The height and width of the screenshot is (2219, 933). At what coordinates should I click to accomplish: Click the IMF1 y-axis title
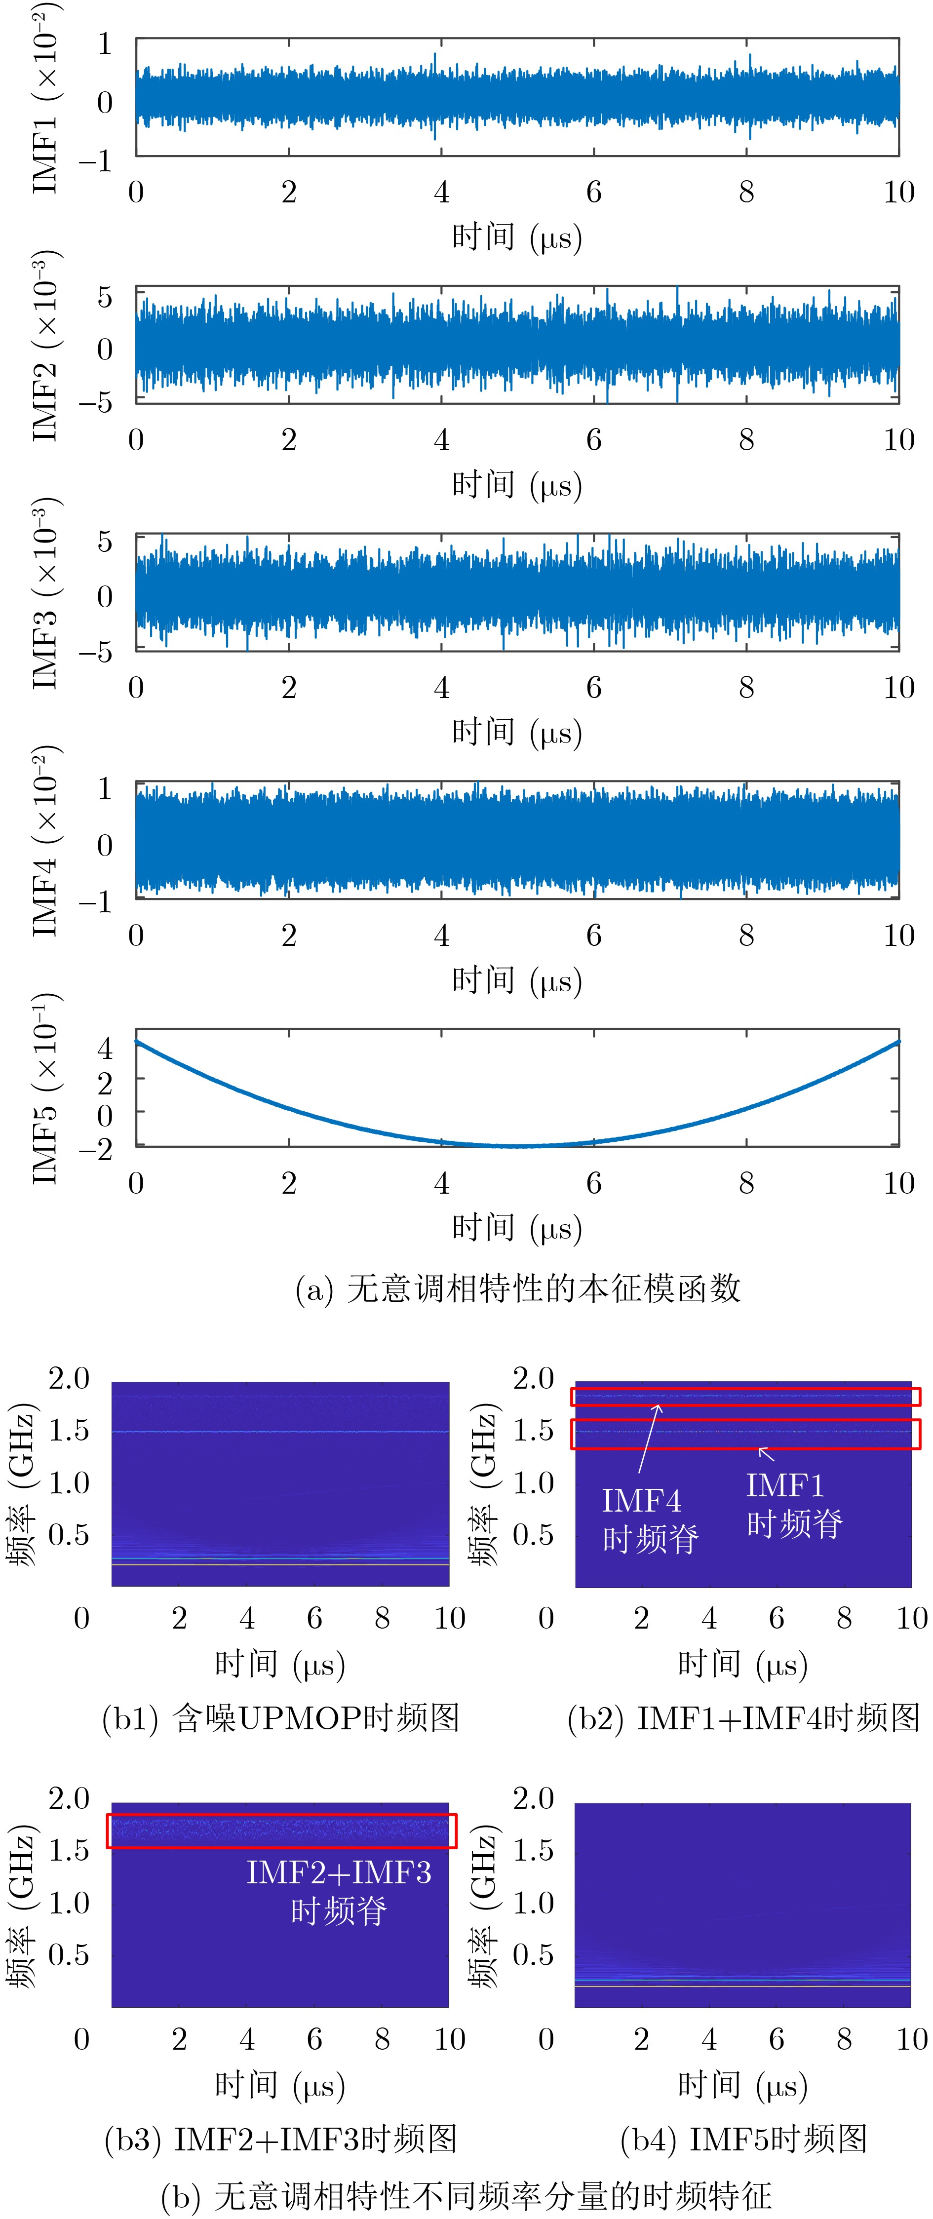click(45, 99)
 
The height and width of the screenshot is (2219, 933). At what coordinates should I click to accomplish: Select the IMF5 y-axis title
click(45, 1089)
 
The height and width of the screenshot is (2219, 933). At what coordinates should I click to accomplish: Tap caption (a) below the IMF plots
click(517, 1288)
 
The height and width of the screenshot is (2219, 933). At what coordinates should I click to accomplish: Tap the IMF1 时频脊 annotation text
click(793, 1504)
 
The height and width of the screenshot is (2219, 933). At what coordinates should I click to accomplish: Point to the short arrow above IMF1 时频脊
click(765, 1454)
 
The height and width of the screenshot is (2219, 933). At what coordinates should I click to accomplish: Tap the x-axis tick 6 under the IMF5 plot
click(593, 1183)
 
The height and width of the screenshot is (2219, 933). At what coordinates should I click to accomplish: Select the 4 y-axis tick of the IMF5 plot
click(105, 1048)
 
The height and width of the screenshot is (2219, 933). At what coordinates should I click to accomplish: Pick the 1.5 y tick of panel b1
click(69, 1431)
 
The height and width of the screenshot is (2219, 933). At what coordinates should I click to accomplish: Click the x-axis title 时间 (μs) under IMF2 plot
click(517, 485)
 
